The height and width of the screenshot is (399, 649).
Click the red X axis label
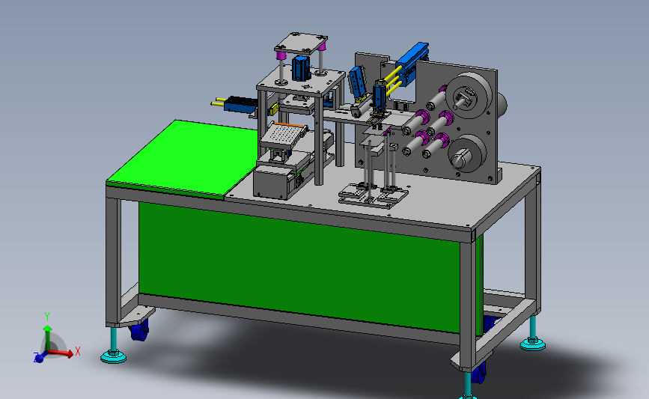point(77,351)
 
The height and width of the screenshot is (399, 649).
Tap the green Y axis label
point(47,317)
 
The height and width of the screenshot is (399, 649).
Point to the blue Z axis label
point(36,356)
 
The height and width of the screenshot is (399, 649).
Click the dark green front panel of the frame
point(299,265)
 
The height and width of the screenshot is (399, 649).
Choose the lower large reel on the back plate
point(467,153)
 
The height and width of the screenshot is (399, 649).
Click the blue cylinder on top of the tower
point(300,68)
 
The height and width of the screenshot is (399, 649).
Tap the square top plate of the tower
point(301,43)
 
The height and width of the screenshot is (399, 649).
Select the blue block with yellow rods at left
point(236,103)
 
